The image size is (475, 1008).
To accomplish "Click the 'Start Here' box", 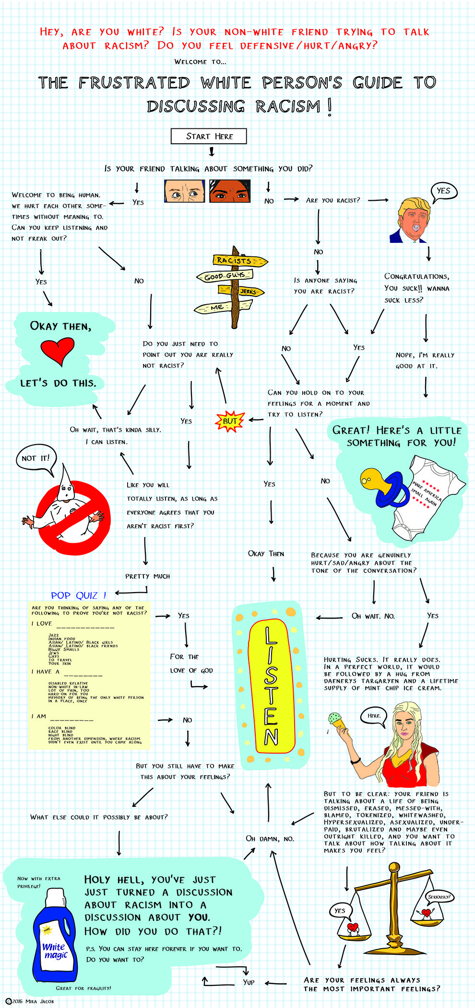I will [209, 136].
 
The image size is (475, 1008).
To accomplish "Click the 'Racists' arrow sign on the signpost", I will [239, 261].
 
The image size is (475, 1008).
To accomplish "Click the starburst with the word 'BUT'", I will [230, 421].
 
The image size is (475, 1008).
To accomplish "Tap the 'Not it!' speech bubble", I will [36, 458].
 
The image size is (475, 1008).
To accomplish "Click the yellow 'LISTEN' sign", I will [271, 685].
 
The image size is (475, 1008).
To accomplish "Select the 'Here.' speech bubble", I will [374, 716].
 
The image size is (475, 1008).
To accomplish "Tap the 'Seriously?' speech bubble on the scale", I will [439, 896].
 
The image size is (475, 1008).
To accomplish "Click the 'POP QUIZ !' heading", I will [79, 596].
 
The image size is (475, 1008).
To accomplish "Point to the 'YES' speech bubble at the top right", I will [443, 191].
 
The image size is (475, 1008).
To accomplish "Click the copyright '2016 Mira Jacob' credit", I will [30, 1001].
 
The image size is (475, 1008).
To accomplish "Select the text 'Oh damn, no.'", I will [270, 838].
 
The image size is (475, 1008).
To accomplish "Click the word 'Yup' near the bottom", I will [249, 982].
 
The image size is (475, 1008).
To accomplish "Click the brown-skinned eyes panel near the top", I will [230, 191].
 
